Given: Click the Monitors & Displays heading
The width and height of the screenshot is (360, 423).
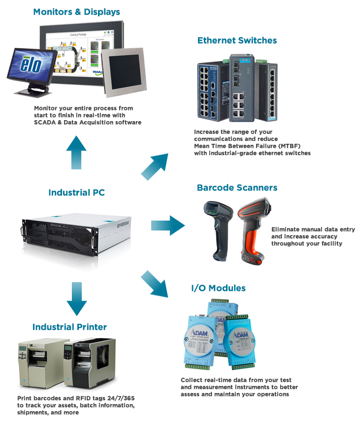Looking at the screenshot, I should (x=76, y=11).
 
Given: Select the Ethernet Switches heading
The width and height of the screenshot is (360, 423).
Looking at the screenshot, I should (x=237, y=40).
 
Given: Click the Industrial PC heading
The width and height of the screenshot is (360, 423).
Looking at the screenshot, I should (x=76, y=193).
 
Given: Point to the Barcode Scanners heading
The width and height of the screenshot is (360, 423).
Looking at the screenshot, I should (x=237, y=188).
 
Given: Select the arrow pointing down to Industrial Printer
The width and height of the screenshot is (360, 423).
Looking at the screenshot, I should (x=76, y=298).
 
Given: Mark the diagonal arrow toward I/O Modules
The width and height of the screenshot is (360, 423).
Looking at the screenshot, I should (x=155, y=283).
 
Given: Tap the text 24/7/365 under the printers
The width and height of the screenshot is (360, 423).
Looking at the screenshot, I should (x=101, y=398).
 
